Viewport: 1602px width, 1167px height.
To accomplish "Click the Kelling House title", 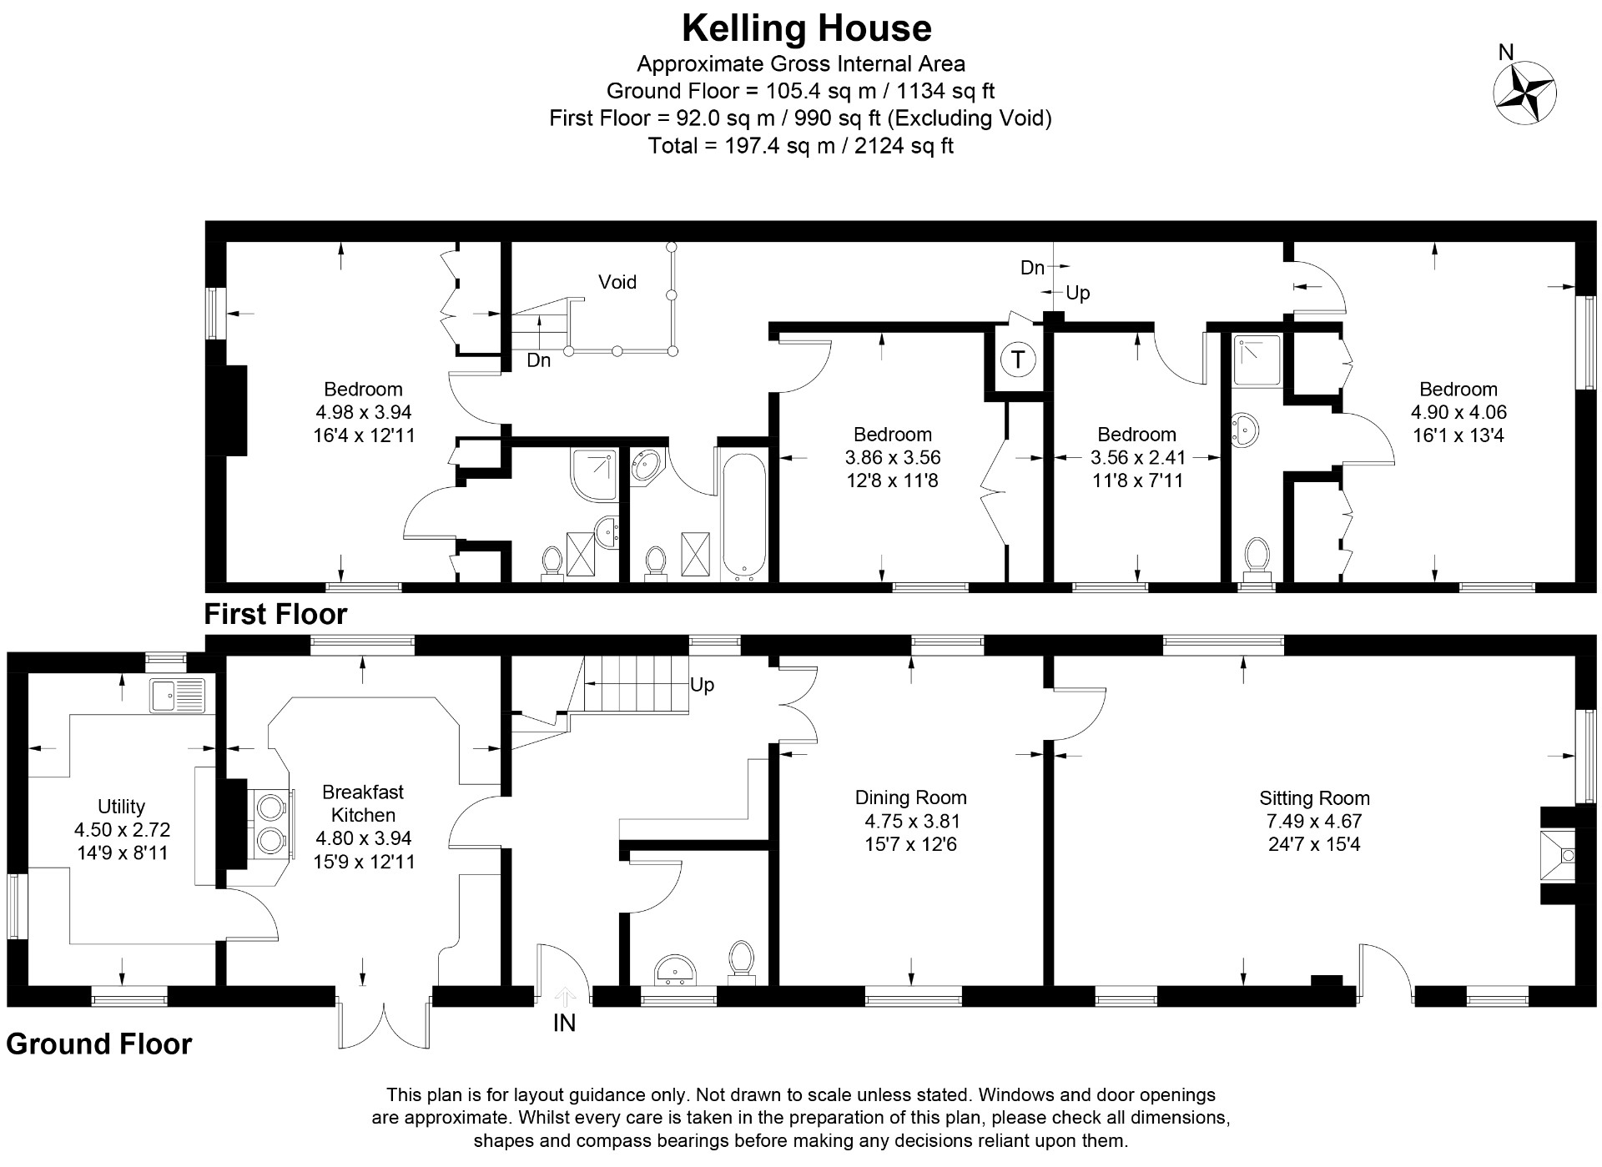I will pos(806,28).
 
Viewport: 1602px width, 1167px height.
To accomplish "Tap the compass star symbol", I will pos(1524,93).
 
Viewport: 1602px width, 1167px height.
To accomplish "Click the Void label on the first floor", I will pos(617,282).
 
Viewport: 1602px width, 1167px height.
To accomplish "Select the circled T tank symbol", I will pos(1017,360).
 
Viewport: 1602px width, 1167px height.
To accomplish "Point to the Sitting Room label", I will pos(1314,797).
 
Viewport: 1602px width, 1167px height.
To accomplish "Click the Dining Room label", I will pos(910,797).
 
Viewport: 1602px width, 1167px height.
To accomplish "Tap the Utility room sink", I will pos(177,695).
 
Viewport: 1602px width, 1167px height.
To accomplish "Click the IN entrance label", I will pos(564,1023).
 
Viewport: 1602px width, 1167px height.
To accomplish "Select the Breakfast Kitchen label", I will pos(363,803).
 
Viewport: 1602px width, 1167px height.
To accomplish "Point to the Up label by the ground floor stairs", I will pos(702,685).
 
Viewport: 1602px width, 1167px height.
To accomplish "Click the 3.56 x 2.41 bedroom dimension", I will pos(1137,457).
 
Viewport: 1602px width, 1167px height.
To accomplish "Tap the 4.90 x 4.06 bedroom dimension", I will pos(1458,412).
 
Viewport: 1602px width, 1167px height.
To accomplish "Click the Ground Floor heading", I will pos(99,1044).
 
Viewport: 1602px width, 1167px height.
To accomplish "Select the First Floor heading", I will pos(275,614).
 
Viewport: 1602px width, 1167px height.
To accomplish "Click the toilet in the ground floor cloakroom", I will pos(740,958).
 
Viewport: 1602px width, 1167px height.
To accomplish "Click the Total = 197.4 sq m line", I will pos(800,146).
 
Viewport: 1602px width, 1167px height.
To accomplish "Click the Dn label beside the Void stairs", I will pos(538,360).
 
